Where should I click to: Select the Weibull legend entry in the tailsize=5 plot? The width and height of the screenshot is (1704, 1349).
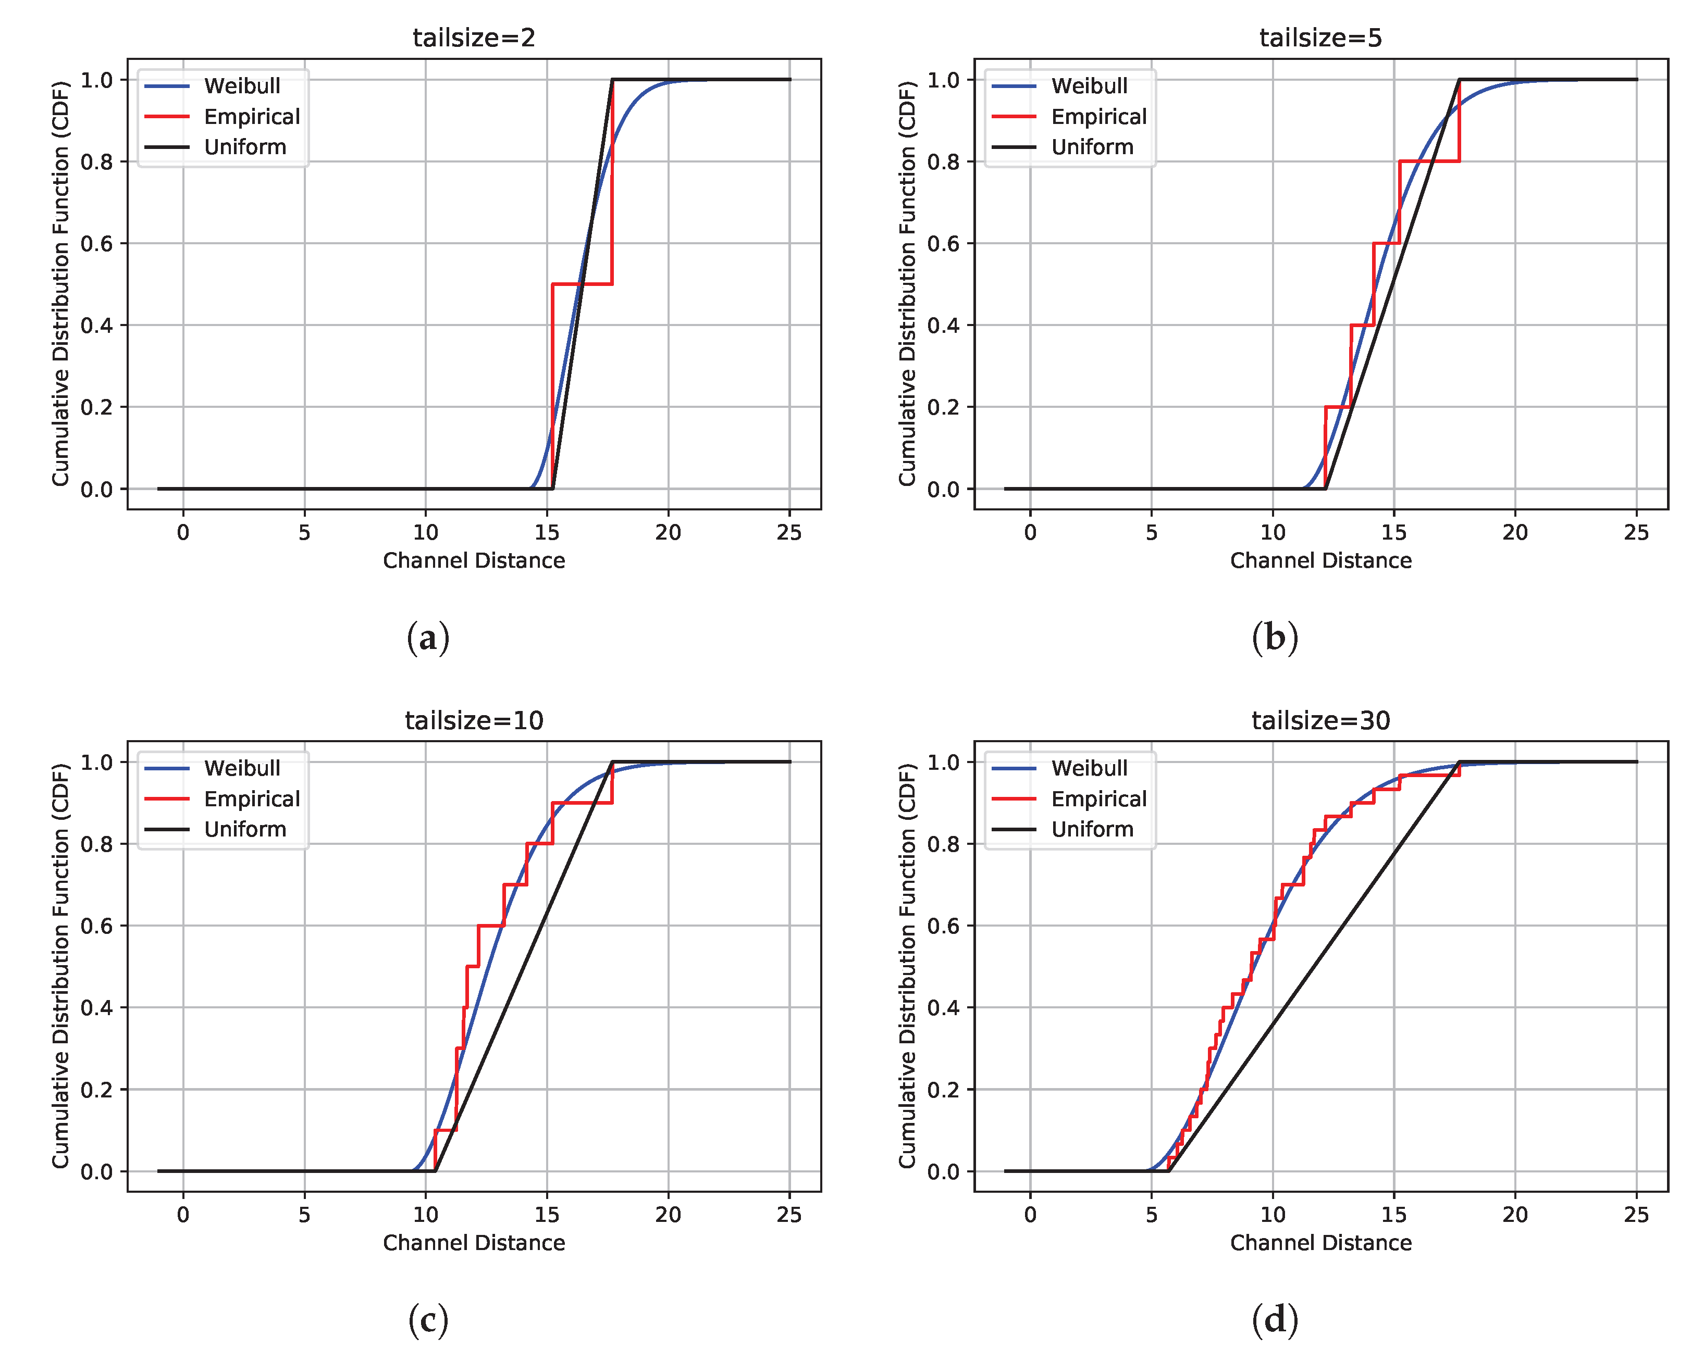pos(1088,85)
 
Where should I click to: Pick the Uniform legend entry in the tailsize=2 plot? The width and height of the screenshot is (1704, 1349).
pos(245,147)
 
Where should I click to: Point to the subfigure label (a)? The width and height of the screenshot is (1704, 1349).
pos(427,638)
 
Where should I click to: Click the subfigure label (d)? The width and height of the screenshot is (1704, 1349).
pos(1274,1320)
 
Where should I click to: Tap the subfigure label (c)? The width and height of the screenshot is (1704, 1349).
pos(427,1320)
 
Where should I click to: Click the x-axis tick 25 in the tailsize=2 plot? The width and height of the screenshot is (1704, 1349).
pos(788,532)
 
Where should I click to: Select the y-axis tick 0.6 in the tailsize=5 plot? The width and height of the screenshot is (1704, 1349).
pos(943,243)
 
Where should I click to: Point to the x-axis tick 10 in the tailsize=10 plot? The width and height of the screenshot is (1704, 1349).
pos(425,1215)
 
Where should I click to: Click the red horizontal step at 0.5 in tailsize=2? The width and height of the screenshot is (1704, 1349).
pos(582,283)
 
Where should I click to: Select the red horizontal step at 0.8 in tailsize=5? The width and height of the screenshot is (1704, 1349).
pos(1428,161)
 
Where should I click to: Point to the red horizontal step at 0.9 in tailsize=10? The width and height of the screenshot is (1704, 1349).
pos(582,803)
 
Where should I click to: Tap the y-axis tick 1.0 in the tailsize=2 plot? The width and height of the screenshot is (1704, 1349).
pos(96,80)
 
